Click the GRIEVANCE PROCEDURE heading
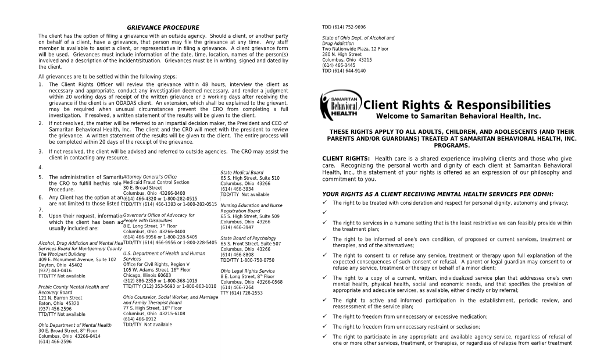(x=163, y=27)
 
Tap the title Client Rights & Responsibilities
(x=456, y=105)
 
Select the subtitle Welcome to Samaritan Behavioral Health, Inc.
(x=458, y=116)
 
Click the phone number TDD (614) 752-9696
(x=344, y=27)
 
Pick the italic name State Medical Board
(x=242, y=172)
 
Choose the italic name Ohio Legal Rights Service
(x=248, y=271)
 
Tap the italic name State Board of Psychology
(x=248, y=238)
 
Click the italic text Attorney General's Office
(x=150, y=177)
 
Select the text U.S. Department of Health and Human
(x=164, y=254)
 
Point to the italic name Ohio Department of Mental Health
(x=74, y=325)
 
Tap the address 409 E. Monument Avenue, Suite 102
(x=77, y=259)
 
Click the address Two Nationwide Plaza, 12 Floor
(x=355, y=49)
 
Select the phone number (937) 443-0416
(x=55, y=270)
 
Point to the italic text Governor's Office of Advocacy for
(x=159, y=215)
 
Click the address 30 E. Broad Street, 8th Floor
(x=67, y=331)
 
